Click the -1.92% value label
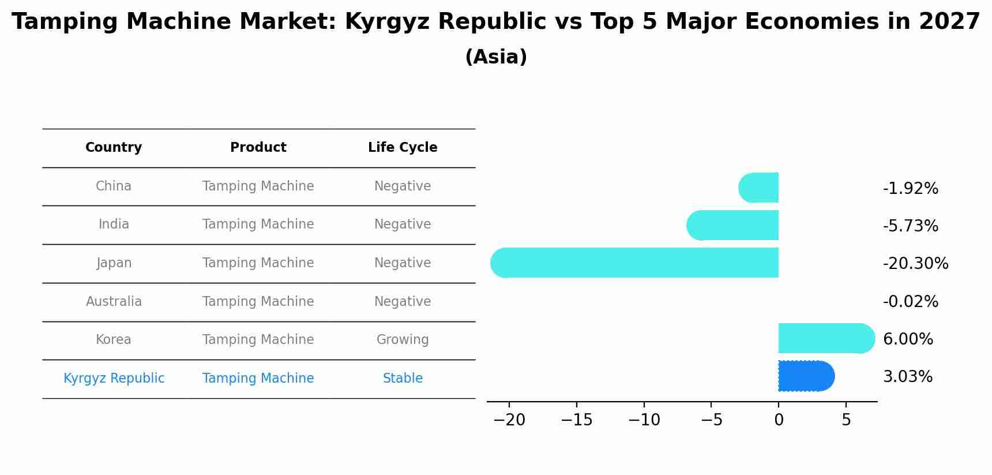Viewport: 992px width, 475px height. click(910, 189)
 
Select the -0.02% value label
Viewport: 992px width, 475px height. click(910, 302)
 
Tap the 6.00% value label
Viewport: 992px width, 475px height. click(908, 339)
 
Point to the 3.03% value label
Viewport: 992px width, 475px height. click(907, 377)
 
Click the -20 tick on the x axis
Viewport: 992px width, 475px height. click(509, 420)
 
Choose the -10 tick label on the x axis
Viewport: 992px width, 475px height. click(644, 420)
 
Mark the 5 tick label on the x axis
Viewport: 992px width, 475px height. click(846, 420)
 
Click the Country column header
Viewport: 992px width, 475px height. click(114, 148)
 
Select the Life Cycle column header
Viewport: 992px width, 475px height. click(403, 148)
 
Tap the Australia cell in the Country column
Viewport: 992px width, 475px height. click(114, 302)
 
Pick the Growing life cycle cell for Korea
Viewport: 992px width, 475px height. click(403, 340)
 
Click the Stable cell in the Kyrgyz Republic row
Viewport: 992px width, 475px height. click(403, 379)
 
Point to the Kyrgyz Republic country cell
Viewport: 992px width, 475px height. click(114, 379)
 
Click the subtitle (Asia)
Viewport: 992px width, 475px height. click(496, 57)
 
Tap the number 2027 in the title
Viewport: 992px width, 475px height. click(949, 22)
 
